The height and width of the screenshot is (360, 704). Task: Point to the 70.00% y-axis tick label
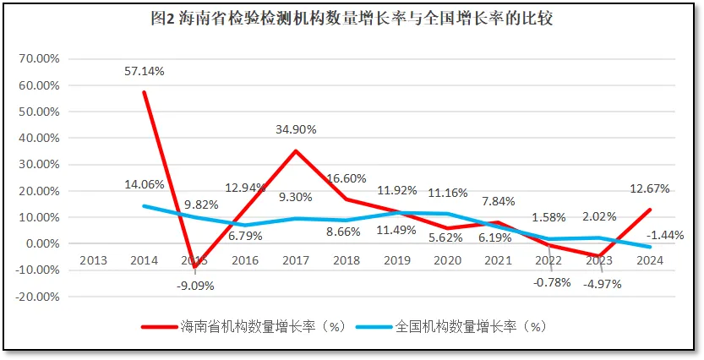coord(40,59)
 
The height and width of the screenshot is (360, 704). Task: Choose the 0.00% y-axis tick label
coord(42,243)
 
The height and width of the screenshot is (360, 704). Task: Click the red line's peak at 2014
coord(145,91)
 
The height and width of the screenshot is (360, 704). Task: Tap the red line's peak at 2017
coord(296,150)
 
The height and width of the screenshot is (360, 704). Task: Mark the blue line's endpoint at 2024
coord(651,247)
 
